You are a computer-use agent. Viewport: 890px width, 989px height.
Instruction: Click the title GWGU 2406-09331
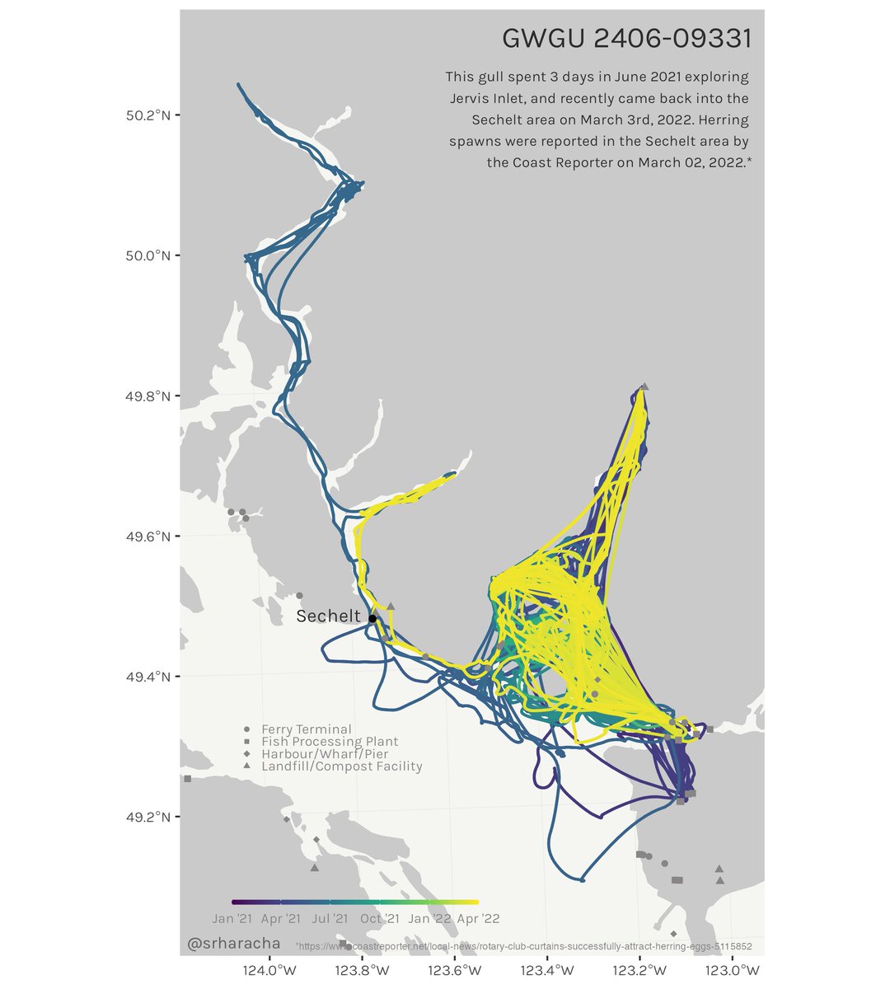click(626, 39)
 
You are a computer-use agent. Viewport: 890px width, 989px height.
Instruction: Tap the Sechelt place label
click(328, 616)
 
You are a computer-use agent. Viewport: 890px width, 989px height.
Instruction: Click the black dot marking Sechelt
click(372, 618)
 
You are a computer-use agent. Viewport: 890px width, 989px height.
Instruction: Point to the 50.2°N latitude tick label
click(148, 115)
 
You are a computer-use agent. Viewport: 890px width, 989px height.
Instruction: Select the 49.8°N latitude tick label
click(148, 396)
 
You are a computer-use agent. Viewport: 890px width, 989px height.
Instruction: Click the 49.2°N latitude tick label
click(148, 817)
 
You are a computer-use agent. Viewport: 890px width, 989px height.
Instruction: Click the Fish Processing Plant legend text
click(330, 742)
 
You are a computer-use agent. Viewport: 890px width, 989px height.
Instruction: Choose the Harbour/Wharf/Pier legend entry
click(325, 754)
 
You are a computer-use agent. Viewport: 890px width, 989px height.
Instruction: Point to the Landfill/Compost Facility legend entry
click(341, 766)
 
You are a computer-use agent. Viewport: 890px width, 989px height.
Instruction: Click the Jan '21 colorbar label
click(232, 918)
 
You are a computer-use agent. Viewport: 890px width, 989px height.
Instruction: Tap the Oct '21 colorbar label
click(380, 918)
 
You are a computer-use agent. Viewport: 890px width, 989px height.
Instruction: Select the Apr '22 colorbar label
click(478, 918)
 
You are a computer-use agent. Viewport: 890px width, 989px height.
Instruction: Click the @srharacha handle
click(234, 942)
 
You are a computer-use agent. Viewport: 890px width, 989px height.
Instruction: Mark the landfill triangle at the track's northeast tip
click(644, 386)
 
